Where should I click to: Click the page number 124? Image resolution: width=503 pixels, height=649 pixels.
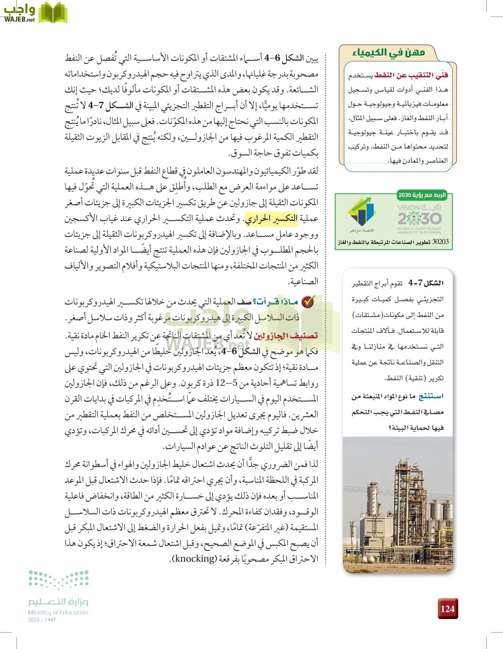pyautogui.click(x=448, y=609)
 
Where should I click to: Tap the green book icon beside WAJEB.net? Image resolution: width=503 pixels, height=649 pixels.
pyautogui.click(x=53, y=13)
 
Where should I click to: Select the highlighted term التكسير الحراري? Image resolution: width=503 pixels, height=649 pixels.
pyautogui.click(x=271, y=218)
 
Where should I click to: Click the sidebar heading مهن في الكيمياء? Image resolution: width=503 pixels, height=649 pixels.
pyautogui.click(x=388, y=53)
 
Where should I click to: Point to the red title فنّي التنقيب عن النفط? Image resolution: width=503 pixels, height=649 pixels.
pyautogui.click(x=411, y=75)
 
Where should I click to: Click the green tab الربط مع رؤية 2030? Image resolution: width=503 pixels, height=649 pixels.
pyautogui.click(x=422, y=195)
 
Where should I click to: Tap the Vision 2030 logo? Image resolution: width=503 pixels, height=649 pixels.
pyautogui.click(x=419, y=218)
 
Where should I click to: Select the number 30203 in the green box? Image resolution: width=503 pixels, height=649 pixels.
pyautogui.click(x=440, y=242)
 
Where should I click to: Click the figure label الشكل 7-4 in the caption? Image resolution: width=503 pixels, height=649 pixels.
pyautogui.click(x=426, y=283)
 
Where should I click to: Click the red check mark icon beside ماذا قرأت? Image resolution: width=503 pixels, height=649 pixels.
pyautogui.click(x=308, y=302)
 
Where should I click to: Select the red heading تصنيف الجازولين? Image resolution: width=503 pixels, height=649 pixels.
pyautogui.click(x=286, y=336)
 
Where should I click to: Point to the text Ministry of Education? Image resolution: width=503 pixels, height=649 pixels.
pyautogui.click(x=58, y=612)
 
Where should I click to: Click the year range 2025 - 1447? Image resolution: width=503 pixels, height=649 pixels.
pyautogui.click(x=42, y=619)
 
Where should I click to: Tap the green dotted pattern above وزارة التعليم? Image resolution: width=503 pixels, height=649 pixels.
pyautogui.click(x=59, y=579)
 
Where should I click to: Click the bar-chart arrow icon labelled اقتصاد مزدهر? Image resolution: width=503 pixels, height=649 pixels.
pyautogui.click(x=362, y=215)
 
